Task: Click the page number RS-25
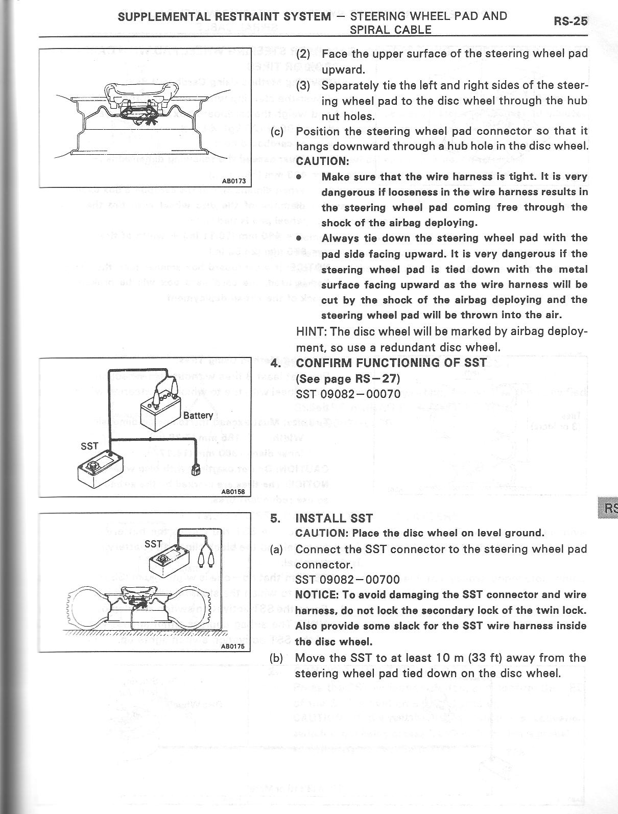[571, 21]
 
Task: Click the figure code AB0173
[233, 181]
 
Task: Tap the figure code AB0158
[233, 492]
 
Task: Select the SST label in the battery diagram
[89, 446]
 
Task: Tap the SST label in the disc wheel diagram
[153, 544]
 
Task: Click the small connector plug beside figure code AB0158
[195, 469]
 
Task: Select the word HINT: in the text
[312, 331]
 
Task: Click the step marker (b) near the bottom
[276, 657]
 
